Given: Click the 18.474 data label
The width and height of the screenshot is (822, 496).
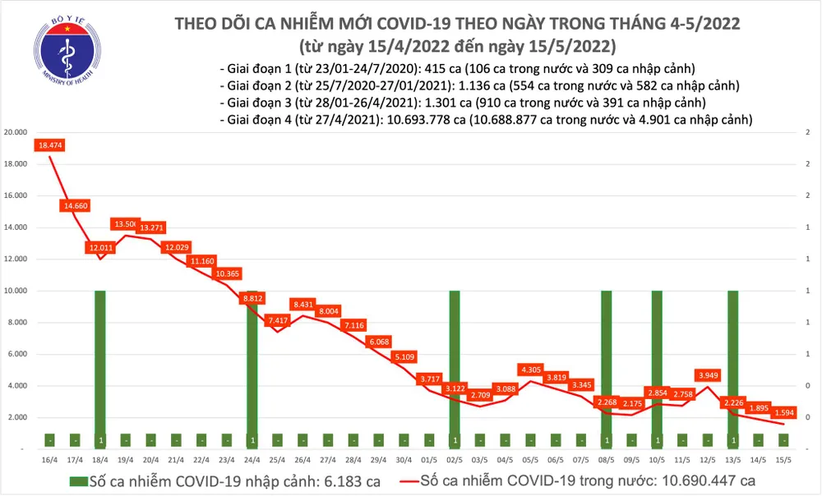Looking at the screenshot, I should (49, 145).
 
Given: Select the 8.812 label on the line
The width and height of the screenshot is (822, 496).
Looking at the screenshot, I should (252, 299).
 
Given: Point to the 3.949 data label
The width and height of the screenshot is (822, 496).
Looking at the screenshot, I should (708, 375).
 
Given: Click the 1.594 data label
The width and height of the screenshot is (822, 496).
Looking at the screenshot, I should (784, 413).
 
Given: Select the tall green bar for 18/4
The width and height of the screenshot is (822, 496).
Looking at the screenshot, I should (100, 361).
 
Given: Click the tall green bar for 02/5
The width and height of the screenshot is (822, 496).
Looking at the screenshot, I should (454, 361).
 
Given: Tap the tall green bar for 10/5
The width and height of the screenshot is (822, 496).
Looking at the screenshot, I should (657, 361).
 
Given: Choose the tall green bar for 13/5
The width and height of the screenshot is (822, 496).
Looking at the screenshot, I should (732, 361).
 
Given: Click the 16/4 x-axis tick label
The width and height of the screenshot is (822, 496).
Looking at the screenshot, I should (49, 460).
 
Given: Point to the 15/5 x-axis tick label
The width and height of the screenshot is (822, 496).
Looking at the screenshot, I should (783, 460).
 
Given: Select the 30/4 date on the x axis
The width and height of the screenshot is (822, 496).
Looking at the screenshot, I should (404, 460).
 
